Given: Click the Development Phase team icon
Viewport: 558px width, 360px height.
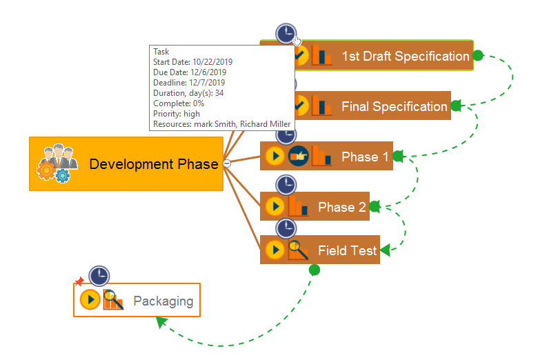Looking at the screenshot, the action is pos(57,163).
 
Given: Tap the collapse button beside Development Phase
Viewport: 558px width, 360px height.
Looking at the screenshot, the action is pos(227,163).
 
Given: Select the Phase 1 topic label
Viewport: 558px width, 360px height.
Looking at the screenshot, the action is pos(365,157).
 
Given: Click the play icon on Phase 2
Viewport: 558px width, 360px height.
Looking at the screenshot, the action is pos(275,206).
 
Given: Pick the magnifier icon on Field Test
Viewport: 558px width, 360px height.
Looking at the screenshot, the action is pos(298,250).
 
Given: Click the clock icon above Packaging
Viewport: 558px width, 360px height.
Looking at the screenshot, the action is pos(99,276).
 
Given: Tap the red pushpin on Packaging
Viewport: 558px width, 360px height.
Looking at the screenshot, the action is pos(79,282).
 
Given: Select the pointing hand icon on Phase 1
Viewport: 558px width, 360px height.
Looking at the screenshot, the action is pos(298,156).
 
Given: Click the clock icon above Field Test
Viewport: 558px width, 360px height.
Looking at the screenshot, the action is pos(286,228).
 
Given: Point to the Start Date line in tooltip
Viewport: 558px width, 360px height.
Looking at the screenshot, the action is pos(192,62).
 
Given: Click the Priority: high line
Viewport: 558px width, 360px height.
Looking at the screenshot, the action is pos(177,114).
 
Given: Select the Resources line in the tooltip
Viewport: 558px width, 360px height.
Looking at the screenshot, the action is pos(221,124).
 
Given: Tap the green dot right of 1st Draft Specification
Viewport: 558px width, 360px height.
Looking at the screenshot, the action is pos(478,55).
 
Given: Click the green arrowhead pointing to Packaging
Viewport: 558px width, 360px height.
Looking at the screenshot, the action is pos(161,321).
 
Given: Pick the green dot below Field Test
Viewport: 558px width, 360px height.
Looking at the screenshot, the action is pos(315,270).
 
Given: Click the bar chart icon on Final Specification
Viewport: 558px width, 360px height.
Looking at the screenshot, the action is pos(321,106).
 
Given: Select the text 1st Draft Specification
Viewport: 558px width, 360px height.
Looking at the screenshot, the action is pos(406,56).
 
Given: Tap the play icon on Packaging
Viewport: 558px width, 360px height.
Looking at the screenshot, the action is pos(90,299).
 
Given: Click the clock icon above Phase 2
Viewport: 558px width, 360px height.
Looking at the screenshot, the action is pos(286,185).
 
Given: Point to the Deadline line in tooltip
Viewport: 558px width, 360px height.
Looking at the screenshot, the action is pos(189,83).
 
